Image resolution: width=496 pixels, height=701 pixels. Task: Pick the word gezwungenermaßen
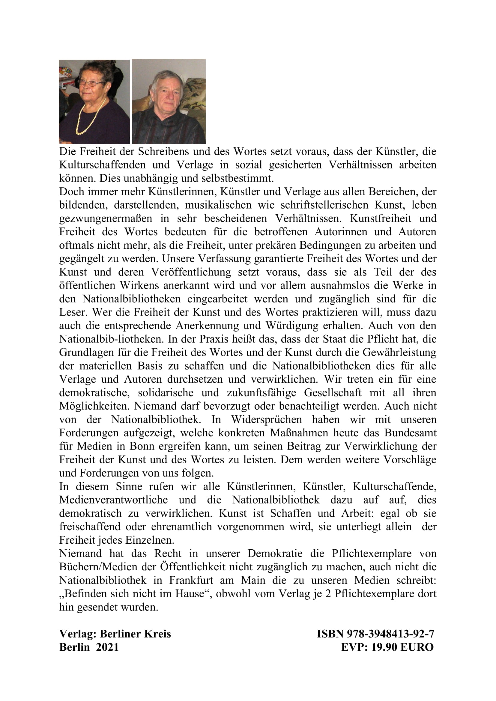point(106,218)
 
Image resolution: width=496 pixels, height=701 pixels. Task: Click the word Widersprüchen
point(266,420)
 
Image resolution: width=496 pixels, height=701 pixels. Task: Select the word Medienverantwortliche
point(113,500)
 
